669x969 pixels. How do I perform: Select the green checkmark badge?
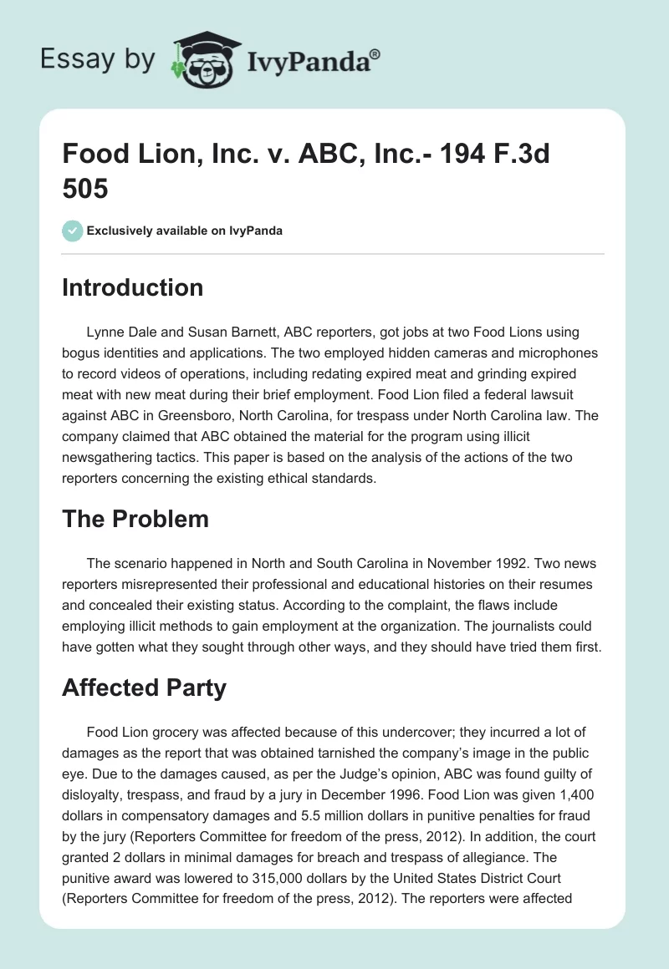pyautogui.click(x=72, y=231)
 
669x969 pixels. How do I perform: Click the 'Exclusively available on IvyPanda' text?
pyautogui.click(x=185, y=231)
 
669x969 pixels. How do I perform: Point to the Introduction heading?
pyautogui.click(x=133, y=287)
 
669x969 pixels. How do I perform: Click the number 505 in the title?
pyautogui.click(x=85, y=190)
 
